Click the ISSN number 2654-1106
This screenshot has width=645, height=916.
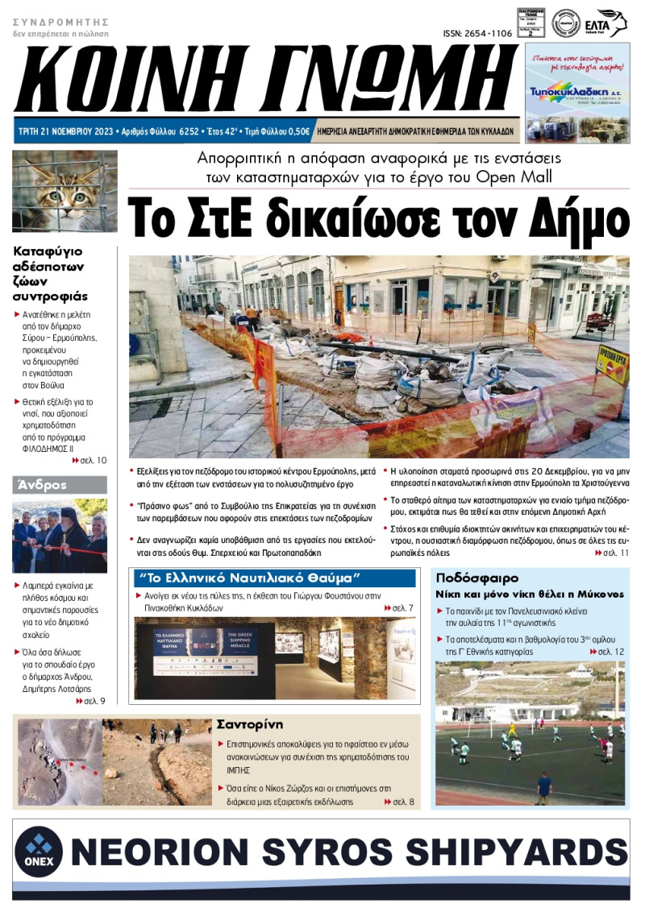coord(477,34)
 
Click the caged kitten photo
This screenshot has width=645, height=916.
coord(64,191)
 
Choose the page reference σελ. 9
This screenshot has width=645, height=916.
coord(89,701)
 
